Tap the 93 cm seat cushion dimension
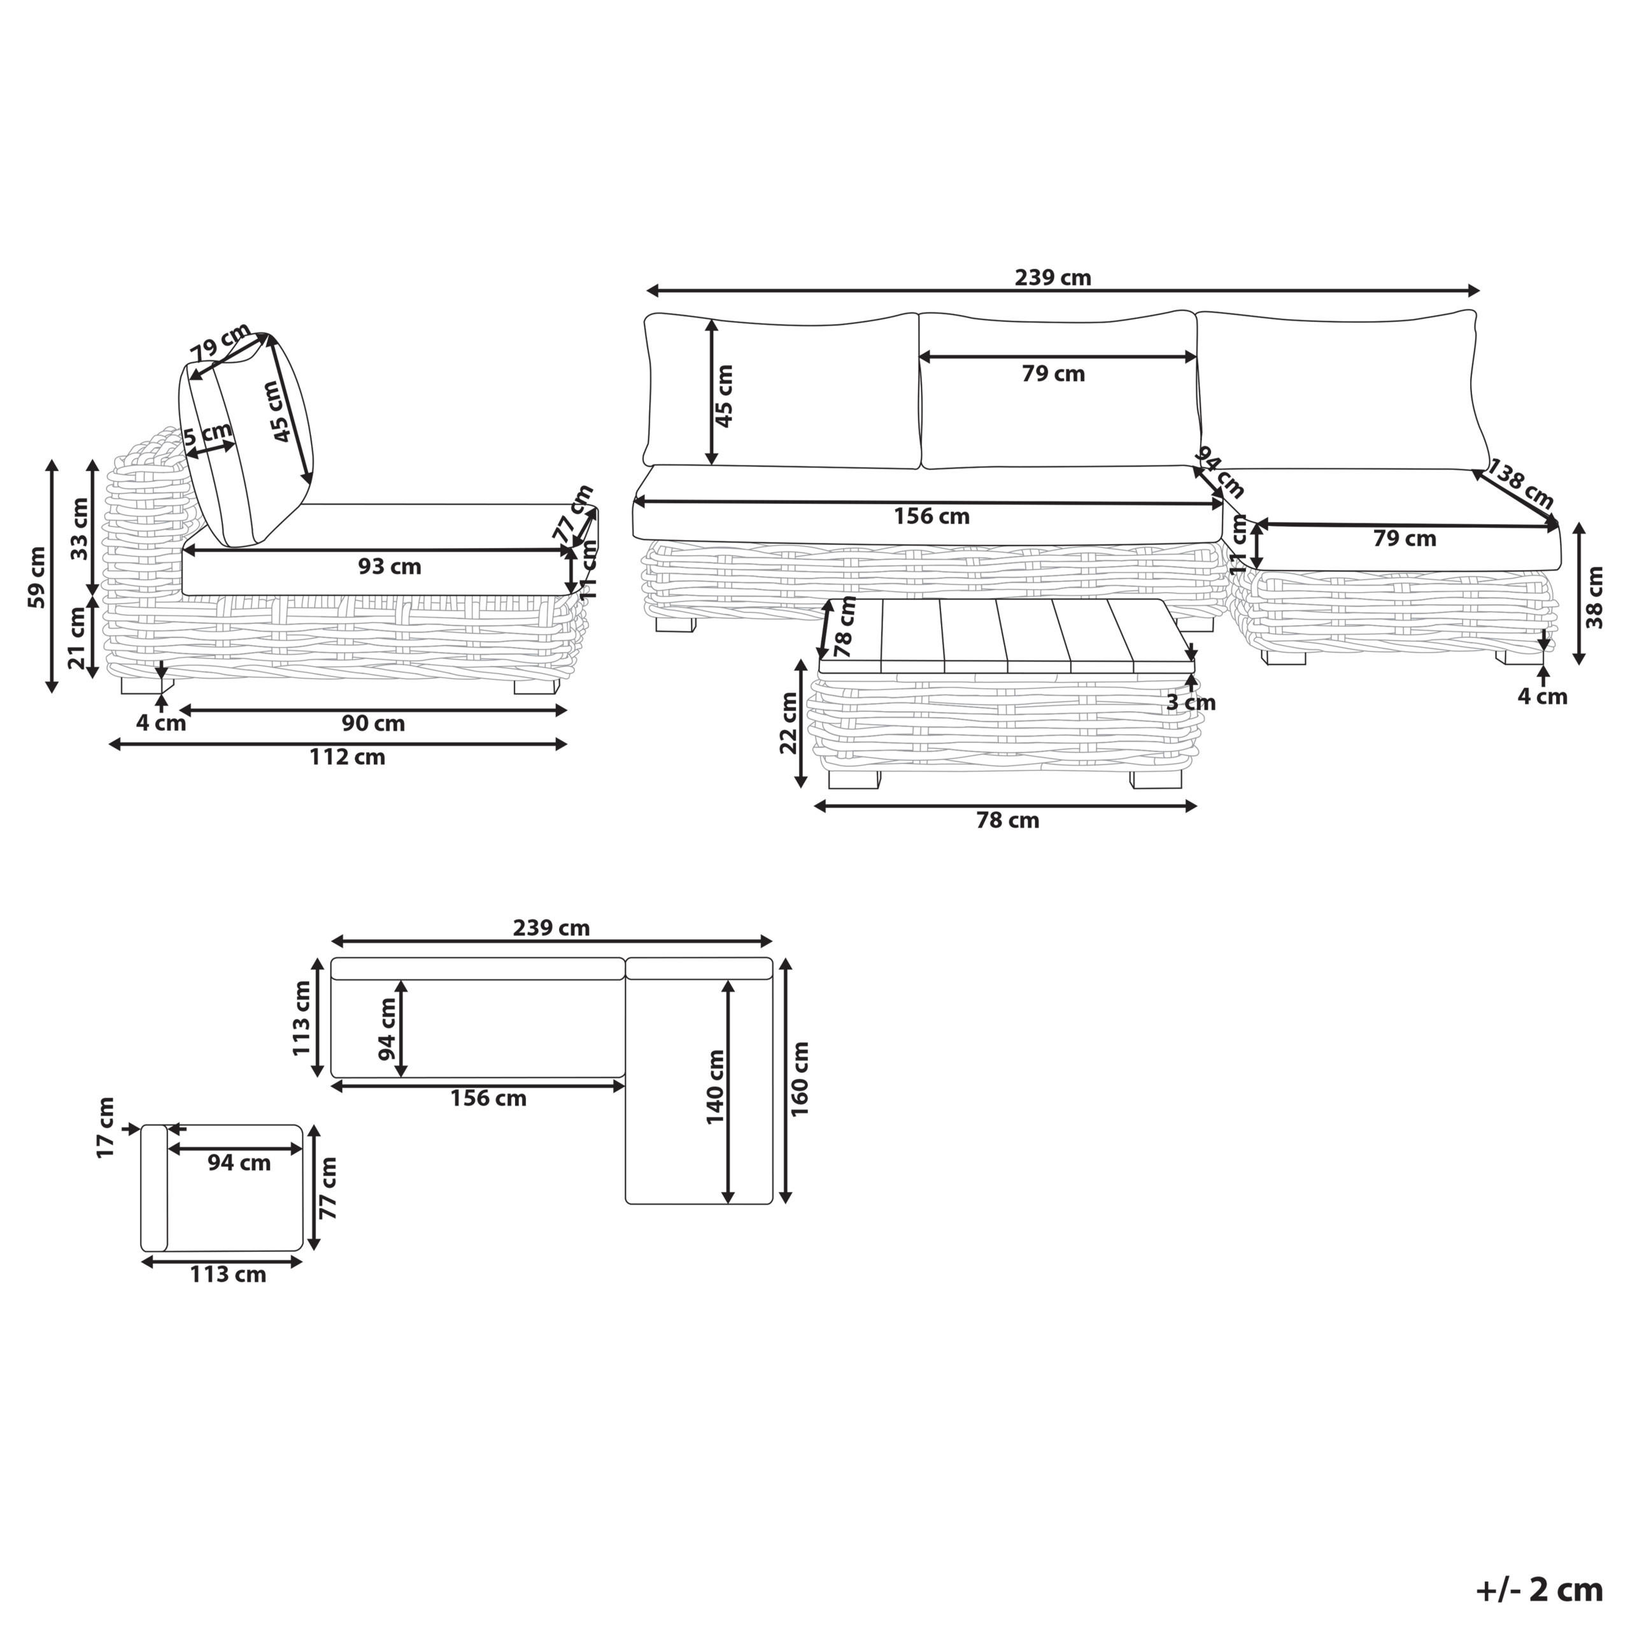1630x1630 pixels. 389,567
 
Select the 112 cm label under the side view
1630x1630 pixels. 347,758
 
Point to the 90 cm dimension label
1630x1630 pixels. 373,724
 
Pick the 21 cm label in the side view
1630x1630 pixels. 78,639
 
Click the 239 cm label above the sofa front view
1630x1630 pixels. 1052,278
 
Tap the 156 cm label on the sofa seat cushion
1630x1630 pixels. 932,516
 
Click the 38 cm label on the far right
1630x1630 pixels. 1594,597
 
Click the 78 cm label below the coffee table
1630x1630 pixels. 1007,820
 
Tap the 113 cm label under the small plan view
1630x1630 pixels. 228,1274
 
